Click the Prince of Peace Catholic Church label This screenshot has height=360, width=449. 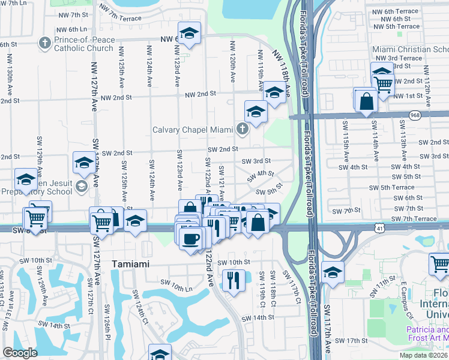tap(83, 44)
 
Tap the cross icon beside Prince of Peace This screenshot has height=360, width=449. tap(44, 43)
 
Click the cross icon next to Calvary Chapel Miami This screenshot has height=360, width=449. tap(242, 128)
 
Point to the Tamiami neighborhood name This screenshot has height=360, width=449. tap(131, 264)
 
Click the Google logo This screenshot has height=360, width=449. tap(20, 353)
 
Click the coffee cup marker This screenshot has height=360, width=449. tap(191, 238)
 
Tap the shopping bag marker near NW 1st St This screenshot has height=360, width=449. tap(366, 101)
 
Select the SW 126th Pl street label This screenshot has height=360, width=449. tap(108, 322)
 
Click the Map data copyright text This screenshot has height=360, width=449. tap(423, 355)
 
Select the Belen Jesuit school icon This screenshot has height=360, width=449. tap(80, 187)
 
